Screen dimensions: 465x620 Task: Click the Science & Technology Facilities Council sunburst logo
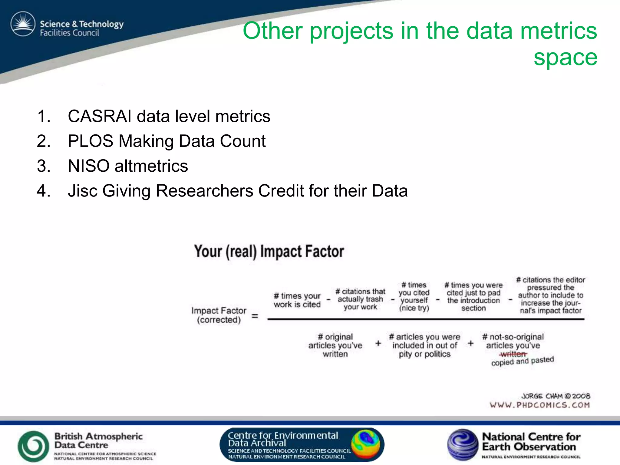pyautogui.click(x=23, y=24)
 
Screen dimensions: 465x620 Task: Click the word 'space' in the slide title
pyautogui.click(x=565, y=58)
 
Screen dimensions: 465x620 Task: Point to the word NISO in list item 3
pyautogui.click(x=88, y=166)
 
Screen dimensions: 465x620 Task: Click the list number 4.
pyautogui.click(x=43, y=191)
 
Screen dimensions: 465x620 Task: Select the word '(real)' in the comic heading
pyautogui.click(x=241, y=252)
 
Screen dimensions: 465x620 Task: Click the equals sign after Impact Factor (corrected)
pyautogui.click(x=255, y=316)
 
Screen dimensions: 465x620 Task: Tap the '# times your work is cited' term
pyautogui.click(x=297, y=300)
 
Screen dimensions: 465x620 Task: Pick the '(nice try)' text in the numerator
pyautogui.click(x=414, y=308)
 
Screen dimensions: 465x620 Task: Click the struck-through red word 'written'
pyautogui.click(x=513, y=354)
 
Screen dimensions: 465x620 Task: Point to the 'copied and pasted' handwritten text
pyautogui.click(x=522, y=361)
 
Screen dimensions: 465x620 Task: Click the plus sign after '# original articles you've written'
pyautogui.click(x=378, y=343)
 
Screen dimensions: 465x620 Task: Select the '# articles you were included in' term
pyautogui.click(x=424, y=341)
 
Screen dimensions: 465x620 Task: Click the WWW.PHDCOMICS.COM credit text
pyautogui.click(x=540, y=405)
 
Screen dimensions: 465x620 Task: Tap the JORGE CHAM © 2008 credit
pyautogui.click(x=556, y=396)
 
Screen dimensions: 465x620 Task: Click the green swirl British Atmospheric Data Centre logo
pyautogui.click(x=33, y=446)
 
